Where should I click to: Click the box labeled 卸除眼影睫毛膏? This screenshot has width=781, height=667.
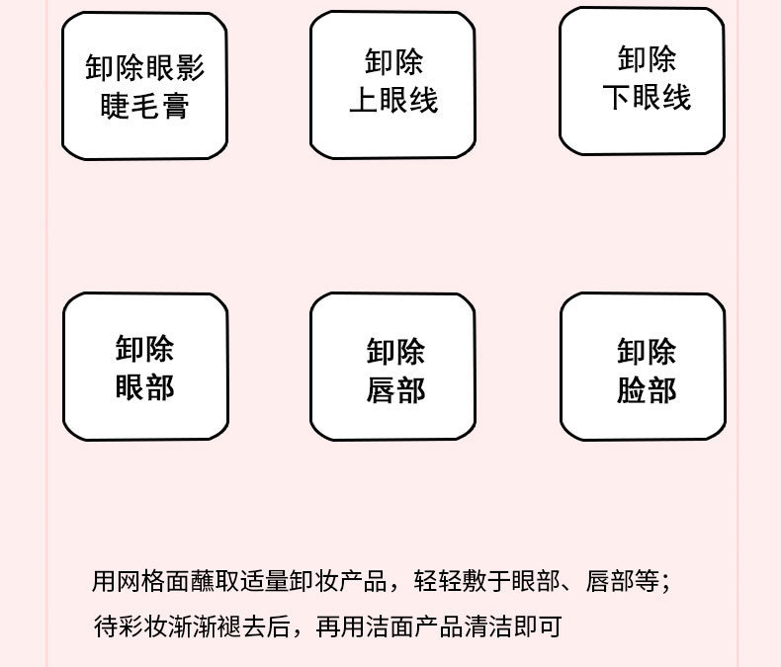(x=144, y=87)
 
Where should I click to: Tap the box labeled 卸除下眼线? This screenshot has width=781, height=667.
(x=643, y=80)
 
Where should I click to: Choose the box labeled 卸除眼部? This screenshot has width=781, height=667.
(x=145, y=367)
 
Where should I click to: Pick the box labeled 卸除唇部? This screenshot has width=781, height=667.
(x=393, y=368)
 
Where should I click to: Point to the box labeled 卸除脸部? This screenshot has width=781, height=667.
(x=644, y=368)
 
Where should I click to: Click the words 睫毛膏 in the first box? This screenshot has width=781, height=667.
(x=144, y=106)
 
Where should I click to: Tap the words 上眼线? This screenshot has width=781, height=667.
(x=392, y=101)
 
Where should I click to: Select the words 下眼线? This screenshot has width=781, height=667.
(x=646, y=97)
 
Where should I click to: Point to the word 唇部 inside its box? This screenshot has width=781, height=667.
(x=395, y=390)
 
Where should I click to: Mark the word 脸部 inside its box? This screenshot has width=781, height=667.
(x=647, y=390)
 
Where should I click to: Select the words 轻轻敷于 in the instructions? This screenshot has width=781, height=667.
(x=463, y=581)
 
